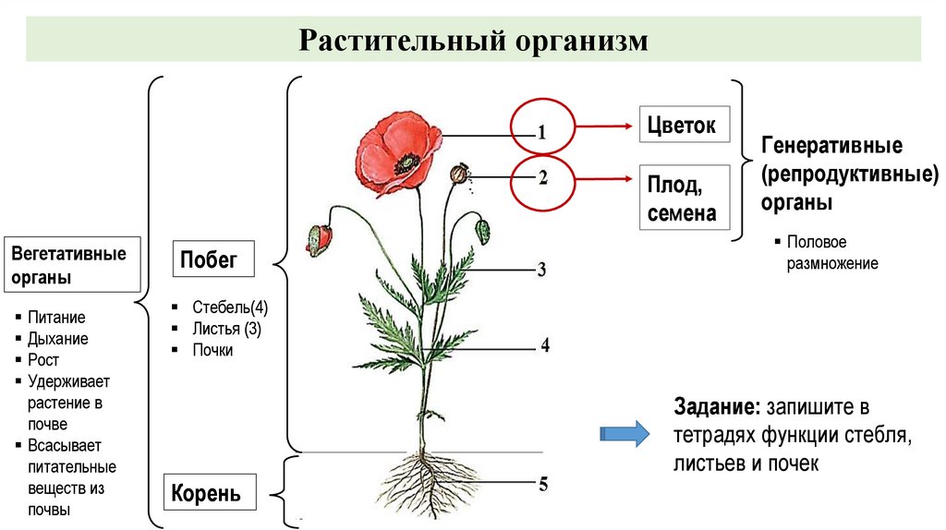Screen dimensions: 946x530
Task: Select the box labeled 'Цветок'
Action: (682, 125)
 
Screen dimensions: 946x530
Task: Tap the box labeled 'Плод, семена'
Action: (682, 199)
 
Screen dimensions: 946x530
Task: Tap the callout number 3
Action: (542, 271)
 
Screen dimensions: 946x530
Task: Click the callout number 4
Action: (545, 346)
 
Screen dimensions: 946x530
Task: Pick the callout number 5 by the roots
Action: (544, 483)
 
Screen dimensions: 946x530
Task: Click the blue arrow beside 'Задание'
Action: (625, 434)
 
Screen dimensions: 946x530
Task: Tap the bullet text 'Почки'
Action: (212, 350)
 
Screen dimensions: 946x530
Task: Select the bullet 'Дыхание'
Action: (57, 339)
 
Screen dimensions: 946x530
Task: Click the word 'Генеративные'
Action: (831, 146)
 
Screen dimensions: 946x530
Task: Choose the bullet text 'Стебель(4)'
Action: (230, 307)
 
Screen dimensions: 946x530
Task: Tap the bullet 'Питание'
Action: (56, 318)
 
